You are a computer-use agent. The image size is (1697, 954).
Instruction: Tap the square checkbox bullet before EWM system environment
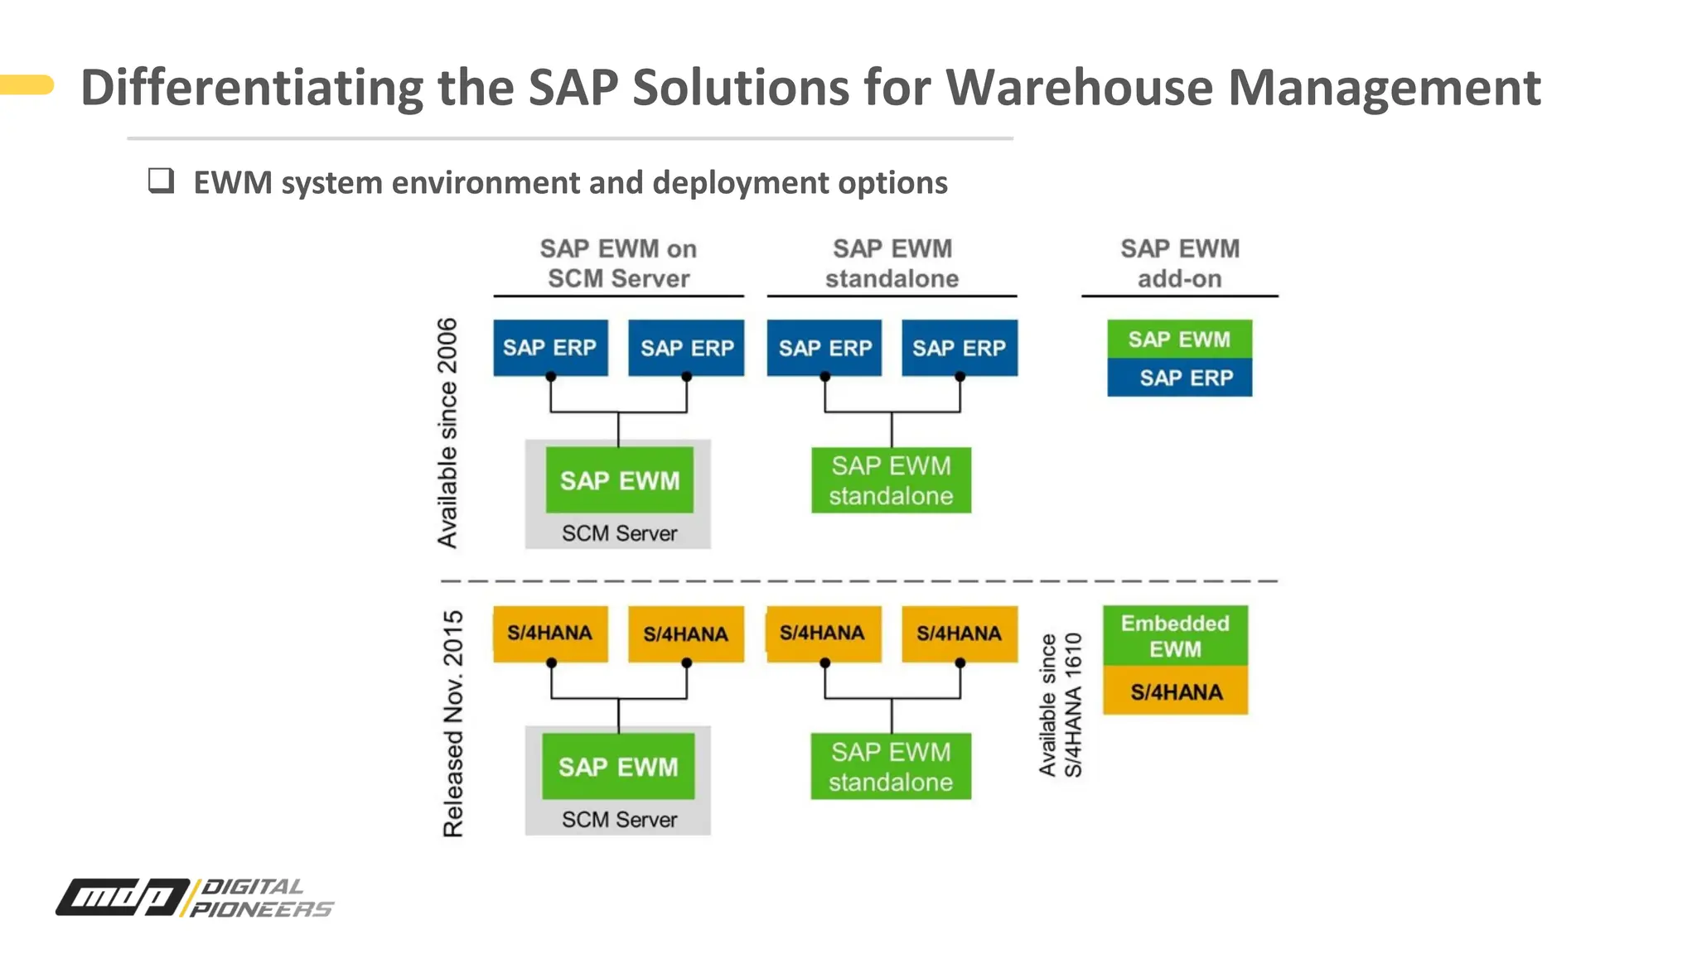pyautogui.click(x=161, y=181)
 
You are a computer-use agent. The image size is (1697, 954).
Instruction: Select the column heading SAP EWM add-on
pyautogui.click(x=1179, y=263)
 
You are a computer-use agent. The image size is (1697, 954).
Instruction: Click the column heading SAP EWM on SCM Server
pyautogui.click(x=618, y=263)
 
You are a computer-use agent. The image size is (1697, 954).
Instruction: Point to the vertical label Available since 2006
pyautogui.click(x=447, y=432)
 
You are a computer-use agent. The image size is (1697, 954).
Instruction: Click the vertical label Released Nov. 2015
pyautogui.click(x=453, y=724)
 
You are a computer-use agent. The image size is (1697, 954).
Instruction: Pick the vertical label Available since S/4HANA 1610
pyautogui.click(x=1061, y=706)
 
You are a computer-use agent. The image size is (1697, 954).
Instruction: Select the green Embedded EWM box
pyautogui.click(x=1175, y=636)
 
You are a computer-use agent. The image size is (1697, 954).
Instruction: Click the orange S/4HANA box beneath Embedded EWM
pyautogui.click(x=1175, y=691)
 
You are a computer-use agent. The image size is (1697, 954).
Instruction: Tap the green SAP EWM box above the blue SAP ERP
pyautogui.click(x=1179, y=340)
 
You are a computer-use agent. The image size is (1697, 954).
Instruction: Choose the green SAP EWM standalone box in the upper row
pyautogui.click(x=891, y=480)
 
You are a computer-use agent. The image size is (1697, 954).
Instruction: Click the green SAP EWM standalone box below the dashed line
pyautogui.click(x=891, y=767)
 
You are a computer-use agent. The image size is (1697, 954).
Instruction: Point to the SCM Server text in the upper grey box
pyautogui.click(x=619, y=533)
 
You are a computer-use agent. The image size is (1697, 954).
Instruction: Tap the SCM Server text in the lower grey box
pyautogui.click(x=619, y=820)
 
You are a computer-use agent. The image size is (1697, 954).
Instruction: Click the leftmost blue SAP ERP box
pyautogui.click(x=550, y=348)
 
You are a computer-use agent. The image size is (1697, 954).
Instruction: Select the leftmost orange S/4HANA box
pyautogui.click(x=550, y=634)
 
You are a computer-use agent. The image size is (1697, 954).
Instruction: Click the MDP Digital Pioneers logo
pyautogui.click(x=195, y=898)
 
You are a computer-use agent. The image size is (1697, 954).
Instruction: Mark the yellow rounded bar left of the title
pyautogui.click(x=27, y=84)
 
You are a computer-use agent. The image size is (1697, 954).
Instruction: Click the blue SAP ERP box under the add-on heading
pyautogui.click(x=1179, y=378)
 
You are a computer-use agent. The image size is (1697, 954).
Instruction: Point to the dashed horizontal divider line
pyautogui.click(x=858, y=581)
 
